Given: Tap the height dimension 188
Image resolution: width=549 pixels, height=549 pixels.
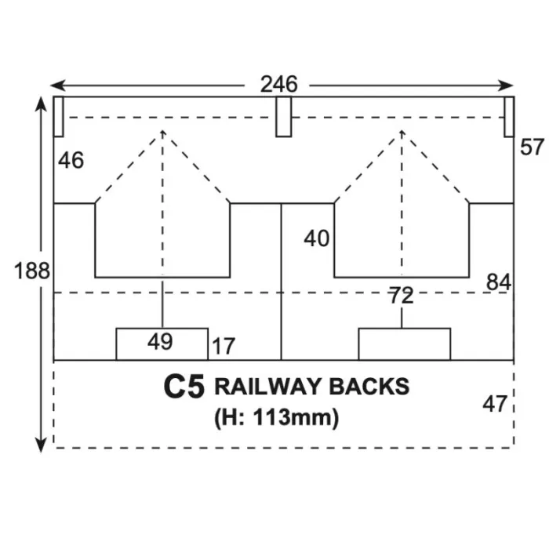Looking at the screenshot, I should coord(32,272).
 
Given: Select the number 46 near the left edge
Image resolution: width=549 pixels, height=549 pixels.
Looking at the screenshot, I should coord(71,161).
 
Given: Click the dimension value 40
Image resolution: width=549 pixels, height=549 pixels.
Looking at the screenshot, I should coord(317,238).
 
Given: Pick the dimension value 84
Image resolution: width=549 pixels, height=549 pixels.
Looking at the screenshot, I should coord(498,282).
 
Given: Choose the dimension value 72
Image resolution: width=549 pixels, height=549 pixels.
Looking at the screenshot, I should coord(402,296).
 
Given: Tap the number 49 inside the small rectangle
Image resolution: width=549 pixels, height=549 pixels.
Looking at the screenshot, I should coord(161,342).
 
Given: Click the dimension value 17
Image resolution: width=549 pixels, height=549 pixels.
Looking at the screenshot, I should coord(223,346).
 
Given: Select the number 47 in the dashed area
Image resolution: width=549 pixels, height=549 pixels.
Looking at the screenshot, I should coord(495,404).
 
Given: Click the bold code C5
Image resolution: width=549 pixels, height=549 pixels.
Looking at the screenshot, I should coord(184,387).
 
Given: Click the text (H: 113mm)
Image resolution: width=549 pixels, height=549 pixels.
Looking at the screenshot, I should coord(276,419).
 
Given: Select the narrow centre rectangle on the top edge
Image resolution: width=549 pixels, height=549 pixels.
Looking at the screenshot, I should coord(283,116).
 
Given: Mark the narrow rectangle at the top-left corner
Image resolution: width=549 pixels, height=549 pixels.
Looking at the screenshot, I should coord(58,116).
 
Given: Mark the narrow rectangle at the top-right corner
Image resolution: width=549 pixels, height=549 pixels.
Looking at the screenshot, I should coord(509,116).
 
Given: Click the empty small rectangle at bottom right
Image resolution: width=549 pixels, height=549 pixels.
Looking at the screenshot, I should coord(404,344).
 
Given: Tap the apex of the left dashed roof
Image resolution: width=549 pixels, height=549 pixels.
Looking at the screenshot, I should coord(162,131).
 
